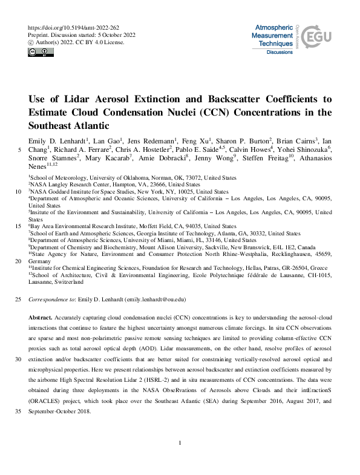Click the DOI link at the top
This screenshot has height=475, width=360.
coord(73,28)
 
